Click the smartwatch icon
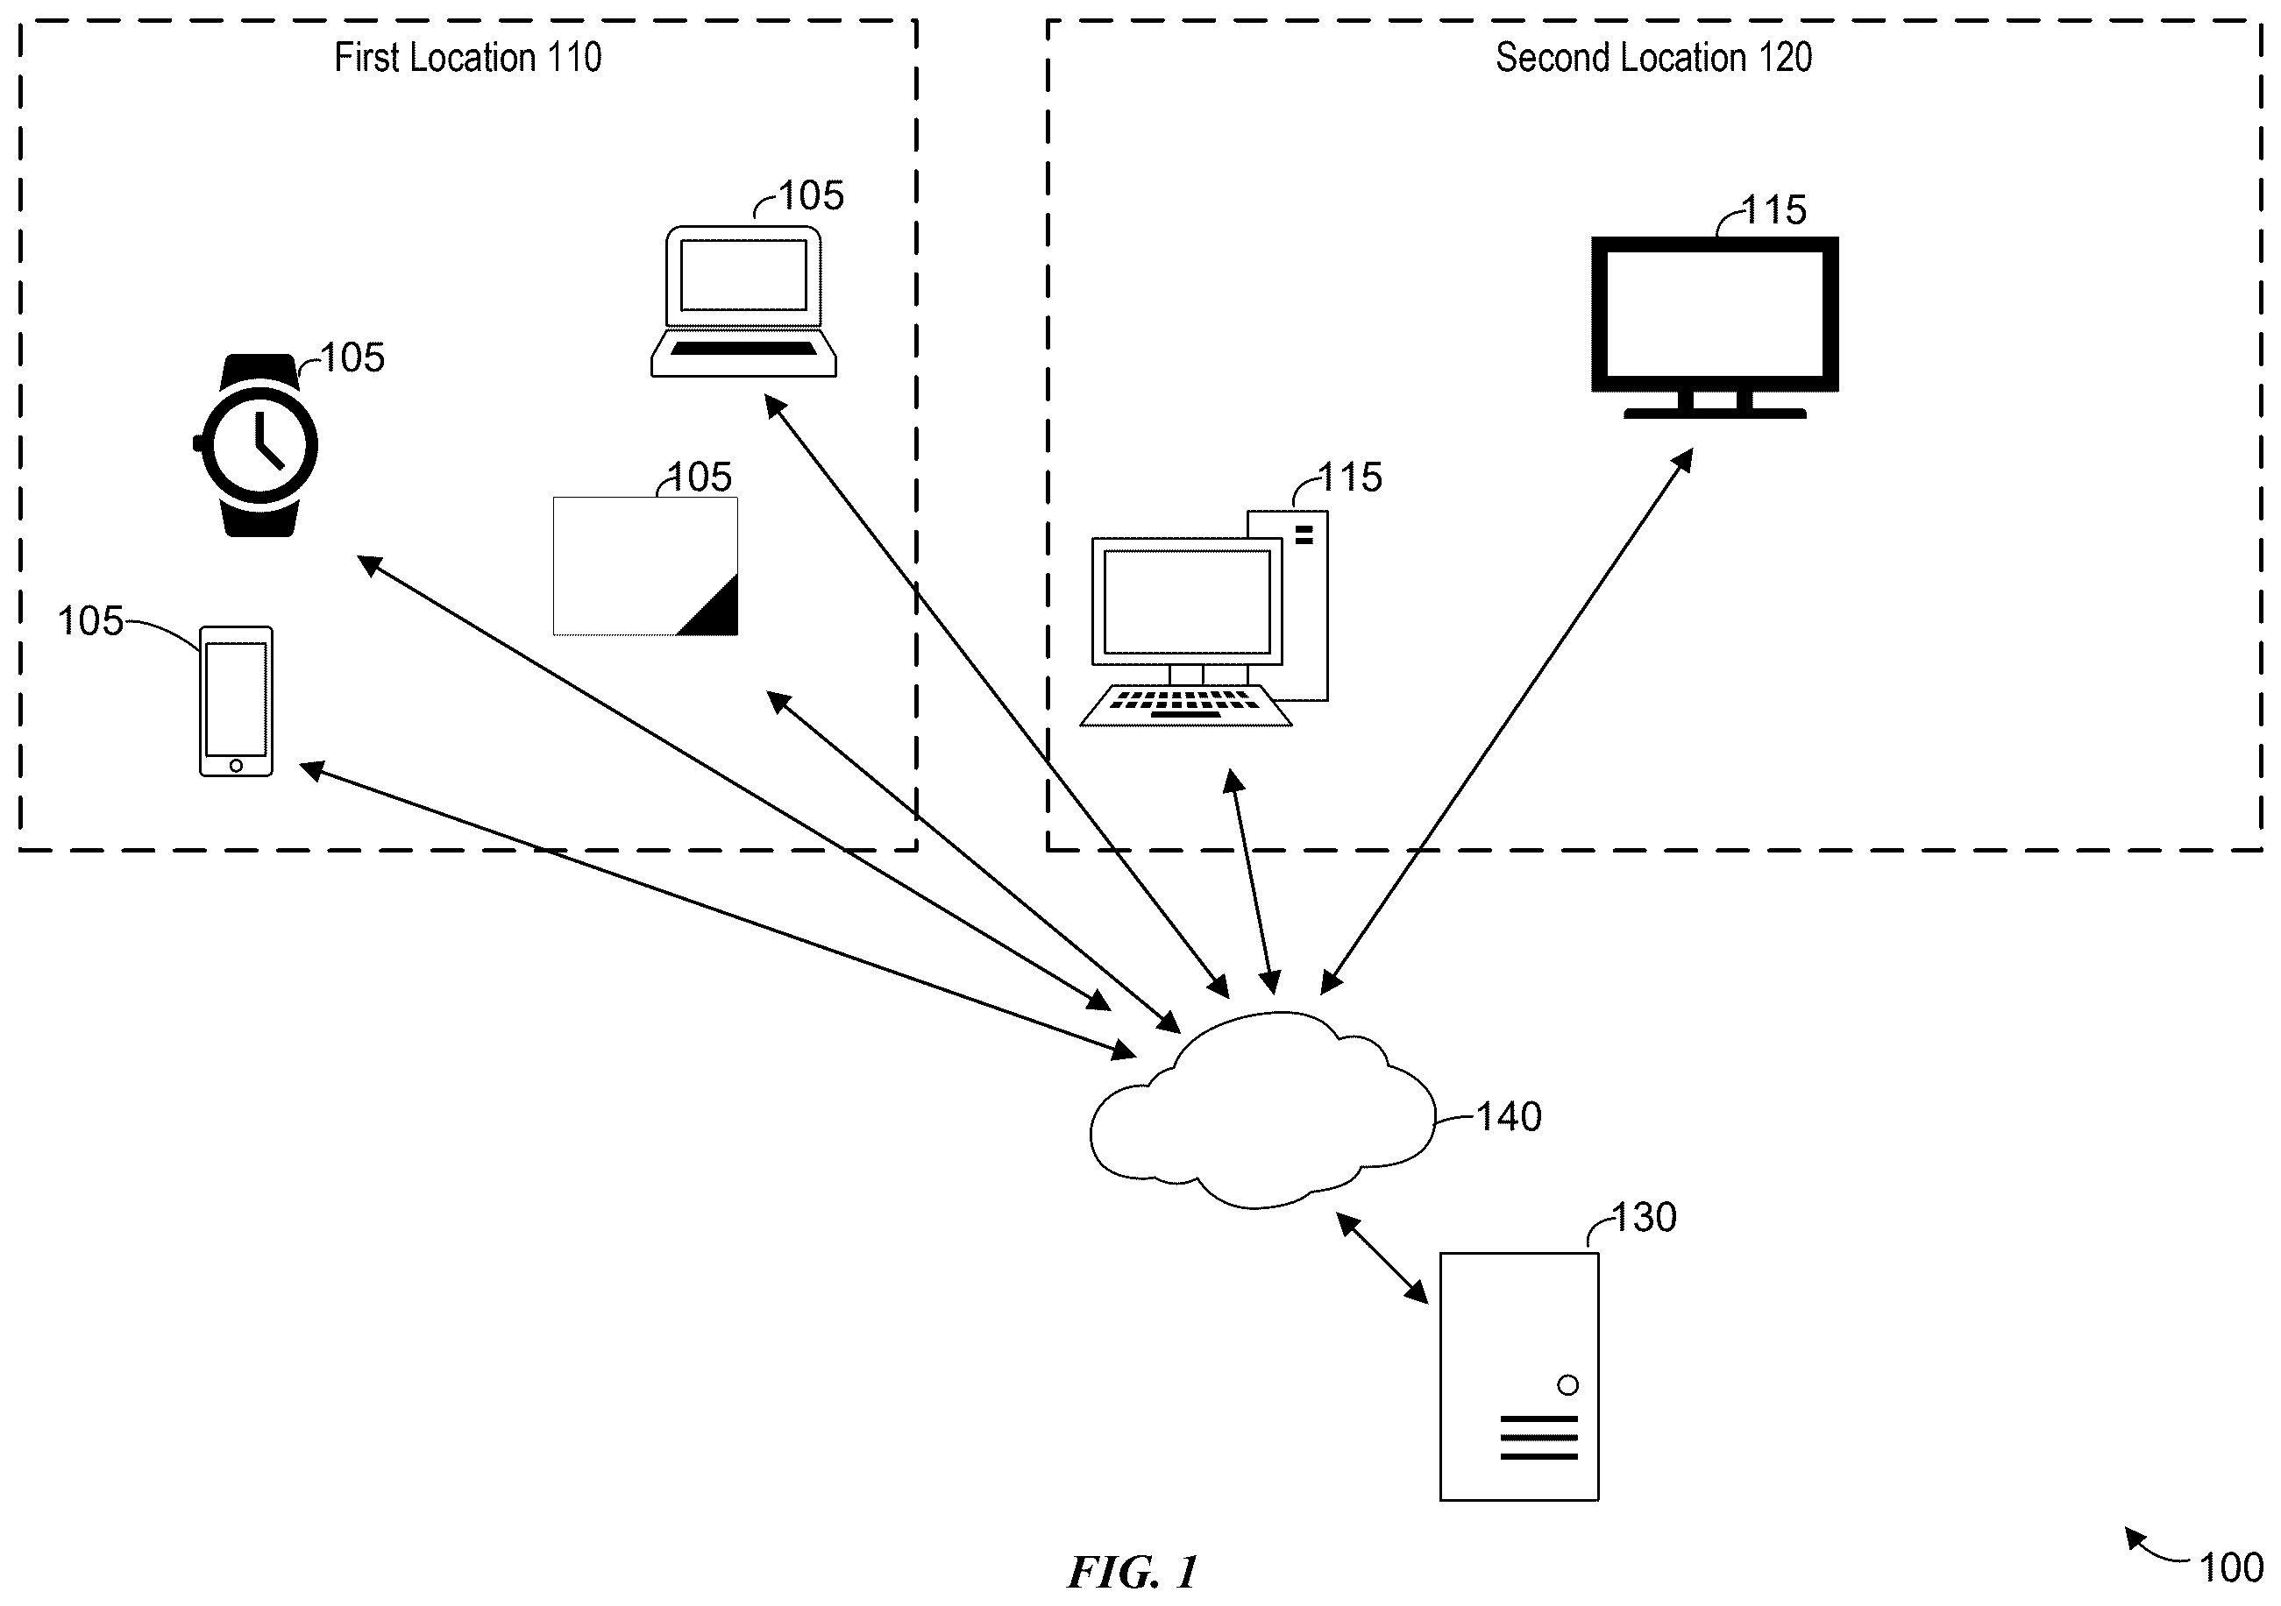(256, 445)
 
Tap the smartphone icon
(237, 701)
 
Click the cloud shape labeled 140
(1262, 1109)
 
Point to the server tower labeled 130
(1519, 1376)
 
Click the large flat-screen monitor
(1715, 327)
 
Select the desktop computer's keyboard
(1185, 705)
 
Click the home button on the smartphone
(236, 765)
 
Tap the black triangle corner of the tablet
(715, 610)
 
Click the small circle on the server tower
(1567, 1384)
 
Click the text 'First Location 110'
(468, 58)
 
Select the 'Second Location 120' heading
(1654, 58)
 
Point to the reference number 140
(1509, 1117)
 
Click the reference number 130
(1645, 1218)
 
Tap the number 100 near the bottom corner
(2231, 1568)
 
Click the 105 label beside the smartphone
(90, 622)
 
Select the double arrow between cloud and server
(1382, 1257)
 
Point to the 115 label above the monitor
(1774, 210)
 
